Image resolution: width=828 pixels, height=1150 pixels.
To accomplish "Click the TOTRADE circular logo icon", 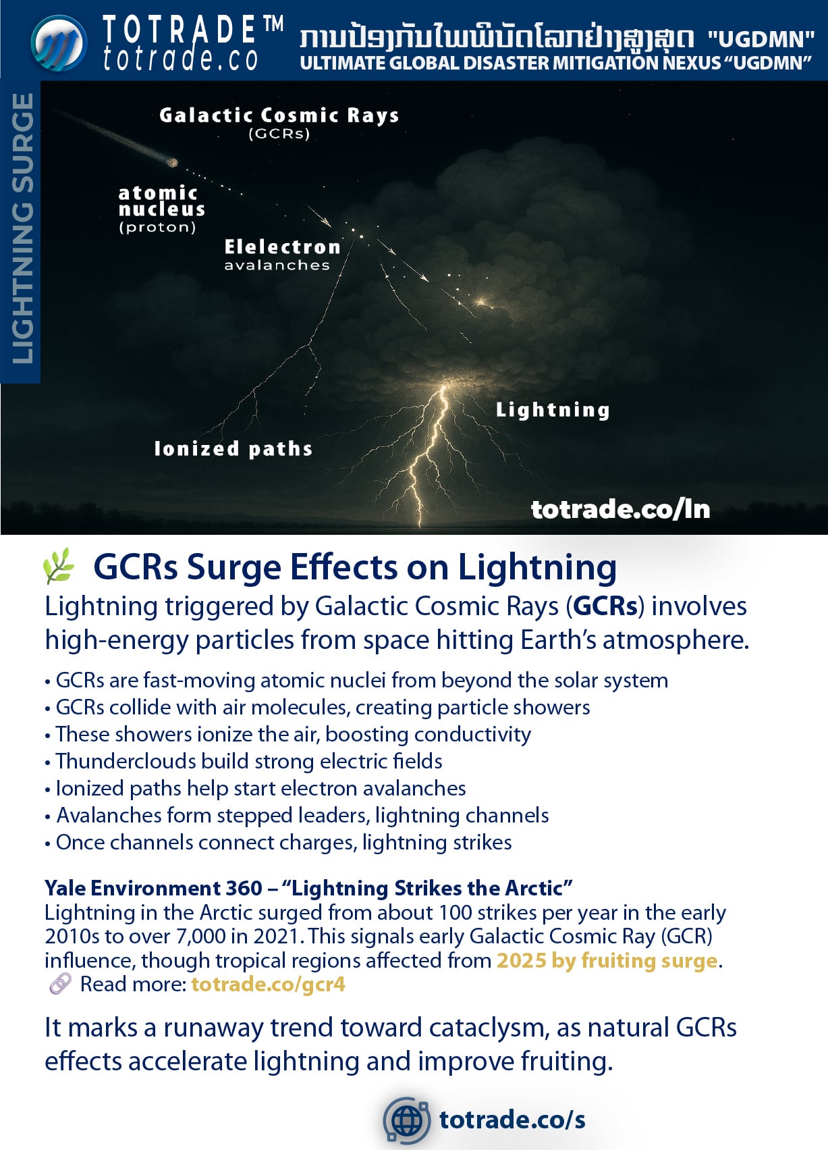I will tap(59, 43).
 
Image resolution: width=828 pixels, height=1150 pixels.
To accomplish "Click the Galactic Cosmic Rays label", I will tap(279, 116).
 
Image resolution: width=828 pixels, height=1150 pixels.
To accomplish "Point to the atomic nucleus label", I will tap(161, 201).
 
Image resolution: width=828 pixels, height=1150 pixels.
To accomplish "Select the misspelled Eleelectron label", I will tap(282, 247).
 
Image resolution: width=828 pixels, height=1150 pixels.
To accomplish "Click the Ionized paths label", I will tap(233, 449).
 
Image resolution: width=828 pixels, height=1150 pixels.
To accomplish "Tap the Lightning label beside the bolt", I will tap(553, 410).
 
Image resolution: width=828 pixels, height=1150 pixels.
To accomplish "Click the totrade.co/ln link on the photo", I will tap(620, 509).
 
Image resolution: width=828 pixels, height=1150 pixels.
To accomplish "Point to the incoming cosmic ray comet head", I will tap(173, 162).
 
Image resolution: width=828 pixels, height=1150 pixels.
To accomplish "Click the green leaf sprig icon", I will tap(59, 566).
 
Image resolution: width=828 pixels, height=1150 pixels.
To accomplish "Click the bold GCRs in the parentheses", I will tap(605, 606).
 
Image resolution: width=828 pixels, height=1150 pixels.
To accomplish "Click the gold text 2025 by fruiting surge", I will tap(607, 960).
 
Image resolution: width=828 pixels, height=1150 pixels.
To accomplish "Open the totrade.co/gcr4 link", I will tap(268, 985).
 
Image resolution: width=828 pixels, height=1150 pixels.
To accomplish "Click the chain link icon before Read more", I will tap(60, 985).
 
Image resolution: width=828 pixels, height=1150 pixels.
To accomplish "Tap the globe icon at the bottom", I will tap(406, 1120).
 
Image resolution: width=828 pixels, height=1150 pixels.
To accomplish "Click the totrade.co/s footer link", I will tap(512, 1120).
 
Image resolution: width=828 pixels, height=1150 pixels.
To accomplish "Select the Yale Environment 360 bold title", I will tap(153, 888).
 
